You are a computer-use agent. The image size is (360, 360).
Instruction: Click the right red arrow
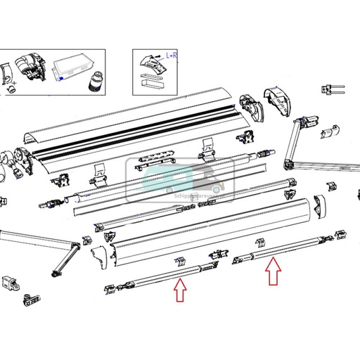pos(273,273)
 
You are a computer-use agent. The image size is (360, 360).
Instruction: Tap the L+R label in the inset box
pos(171,55)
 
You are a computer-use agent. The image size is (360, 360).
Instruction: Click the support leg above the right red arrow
pos(260,243)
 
